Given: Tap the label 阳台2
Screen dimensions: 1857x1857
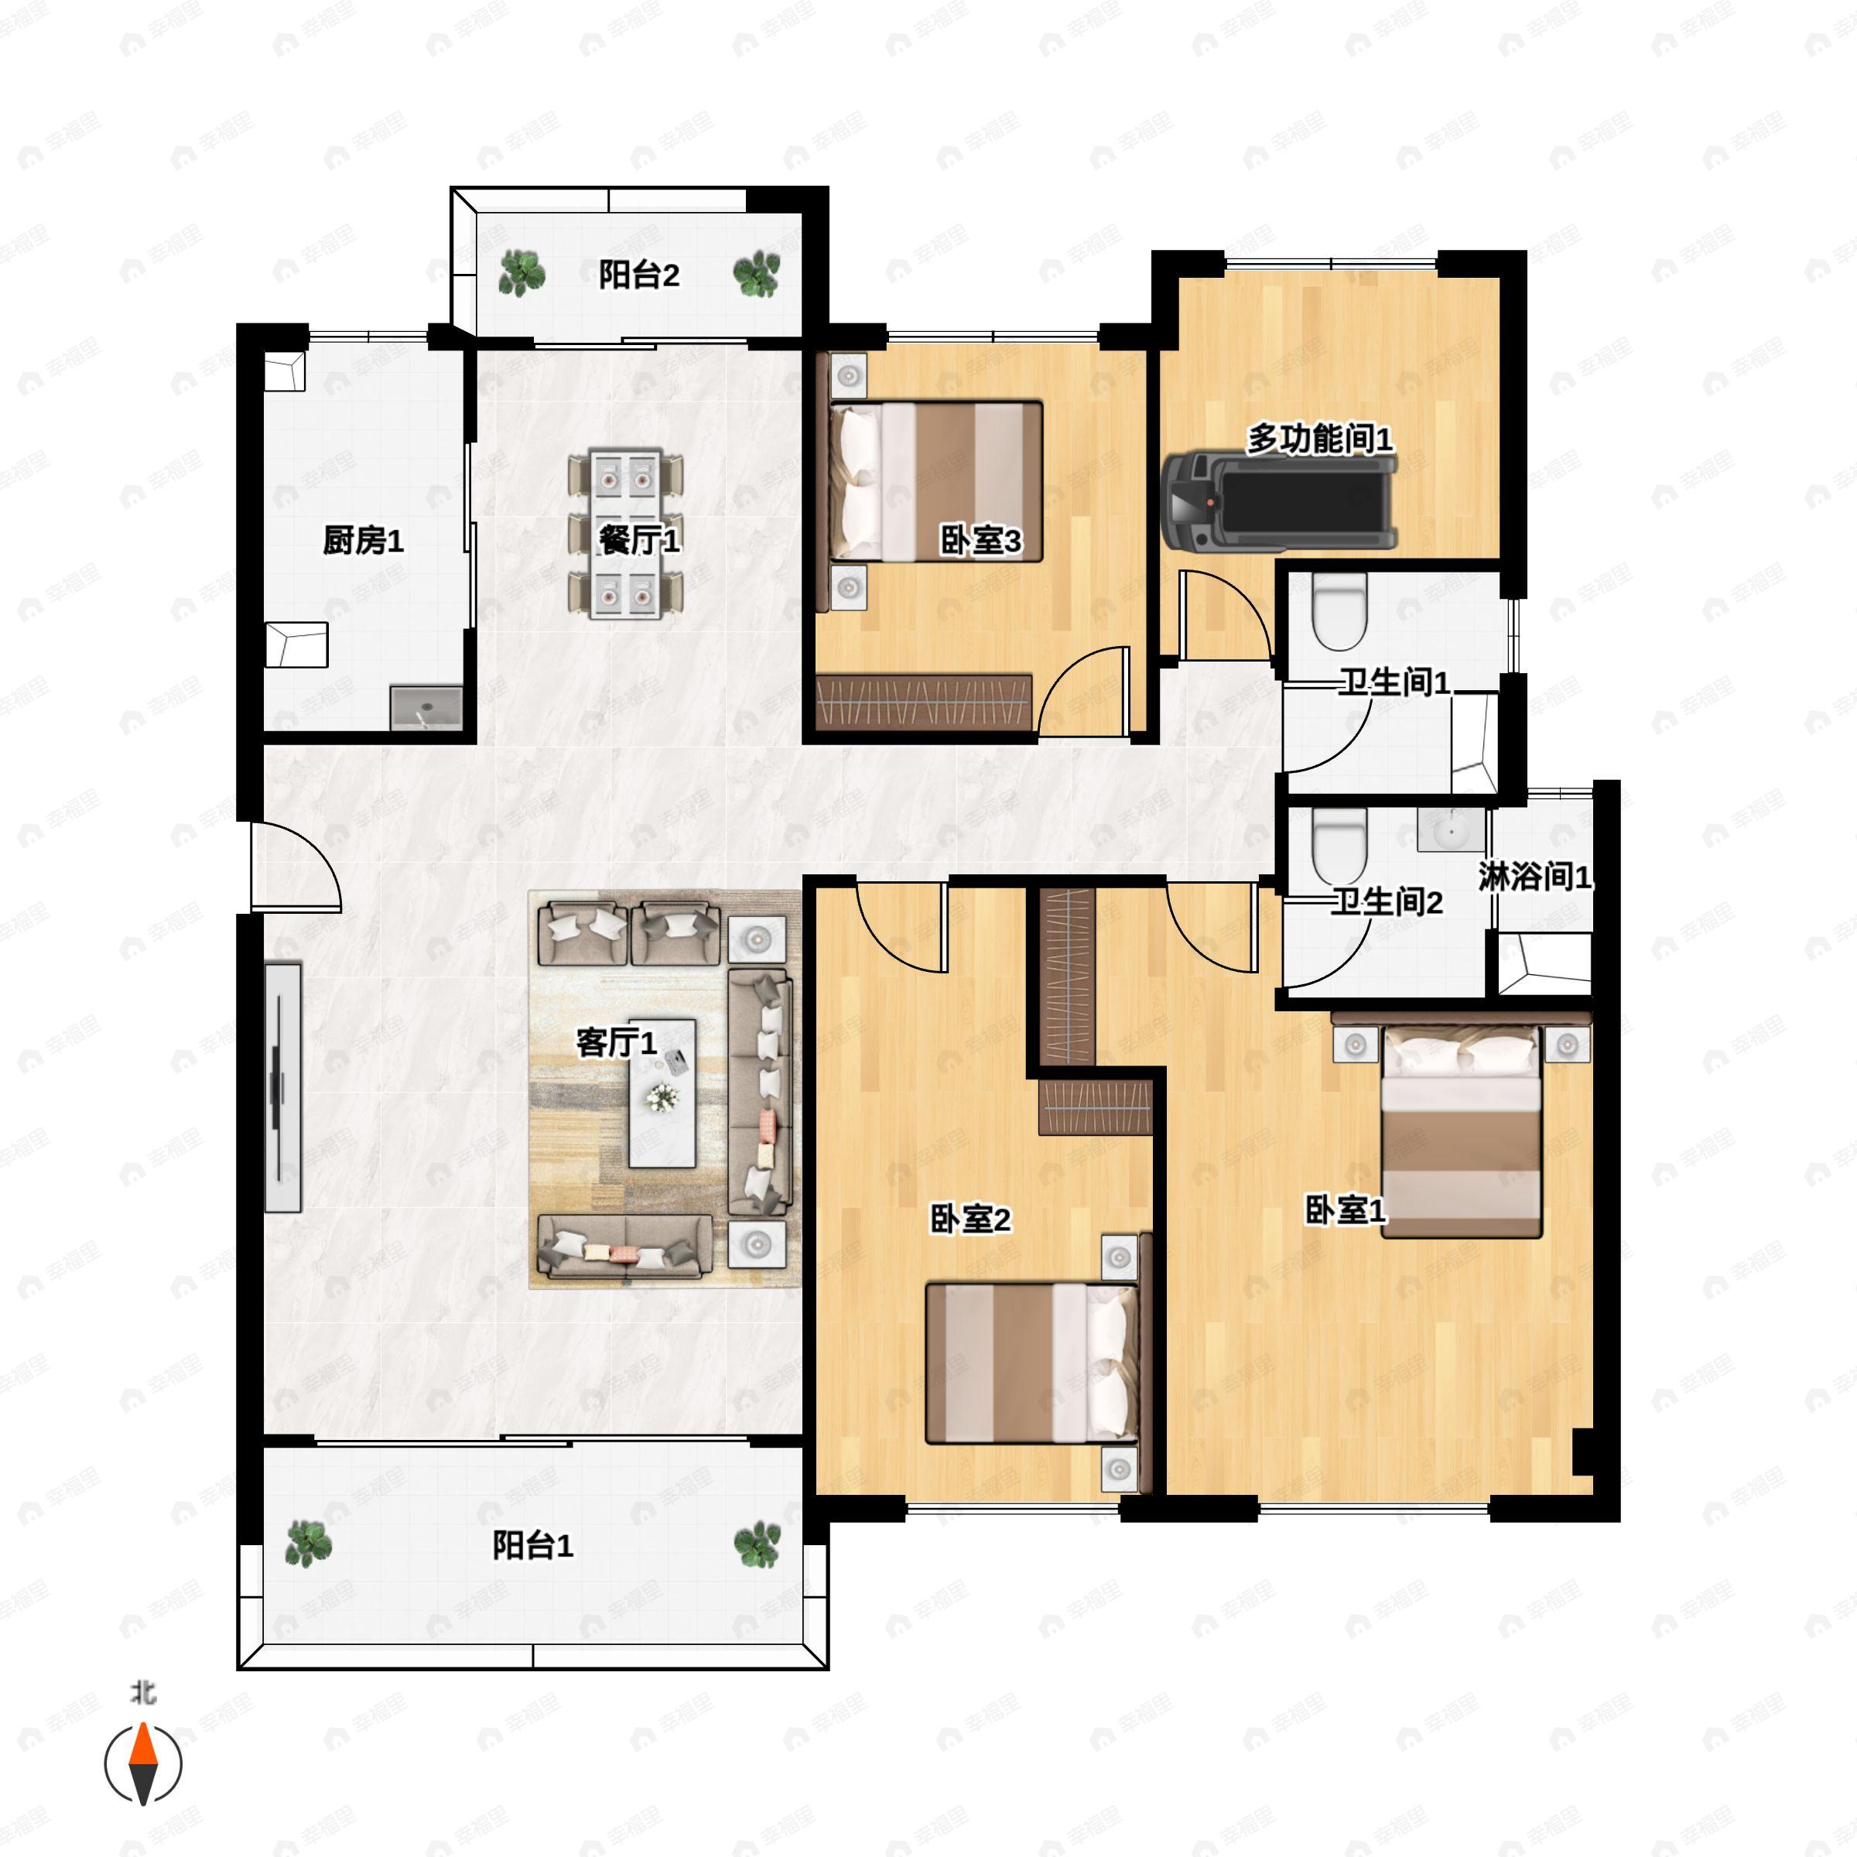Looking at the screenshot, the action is [639, 276].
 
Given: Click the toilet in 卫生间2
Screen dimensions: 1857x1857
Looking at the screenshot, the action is [1339, 845].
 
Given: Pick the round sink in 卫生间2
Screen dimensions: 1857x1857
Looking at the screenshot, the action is [1451, 829].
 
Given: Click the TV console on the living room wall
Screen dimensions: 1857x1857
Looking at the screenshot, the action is [282, 1087].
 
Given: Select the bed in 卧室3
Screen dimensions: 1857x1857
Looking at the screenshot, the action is [935, 481].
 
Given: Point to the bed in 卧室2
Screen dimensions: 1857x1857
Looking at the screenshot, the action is [1031, 1363].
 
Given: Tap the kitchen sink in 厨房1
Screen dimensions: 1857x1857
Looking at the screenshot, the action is [426, 707].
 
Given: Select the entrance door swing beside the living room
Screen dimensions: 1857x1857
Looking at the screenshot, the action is [296, 866].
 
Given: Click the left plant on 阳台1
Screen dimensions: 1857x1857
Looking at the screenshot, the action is [309, 1544].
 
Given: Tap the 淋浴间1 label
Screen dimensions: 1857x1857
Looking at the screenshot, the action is [1535, 877].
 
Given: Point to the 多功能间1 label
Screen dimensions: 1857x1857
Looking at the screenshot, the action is [1320, 439].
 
